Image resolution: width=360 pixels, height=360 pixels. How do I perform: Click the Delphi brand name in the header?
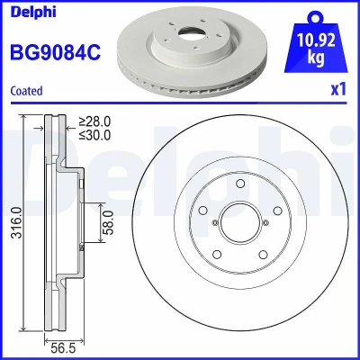(33, 12)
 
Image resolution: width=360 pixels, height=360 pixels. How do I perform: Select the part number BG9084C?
(56, 52)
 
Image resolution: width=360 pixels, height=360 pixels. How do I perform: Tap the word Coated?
(26, 91)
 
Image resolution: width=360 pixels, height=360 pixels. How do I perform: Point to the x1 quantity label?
(338, 89)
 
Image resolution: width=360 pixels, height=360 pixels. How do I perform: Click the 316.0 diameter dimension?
(17, 222)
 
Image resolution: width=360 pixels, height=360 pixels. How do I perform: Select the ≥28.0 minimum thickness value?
(94, 121)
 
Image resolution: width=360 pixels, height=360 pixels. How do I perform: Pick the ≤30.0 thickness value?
(94, 135)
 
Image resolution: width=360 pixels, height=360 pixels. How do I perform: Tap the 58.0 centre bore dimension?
(109, 222)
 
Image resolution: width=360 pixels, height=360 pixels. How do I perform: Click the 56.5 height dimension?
(63, 348)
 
